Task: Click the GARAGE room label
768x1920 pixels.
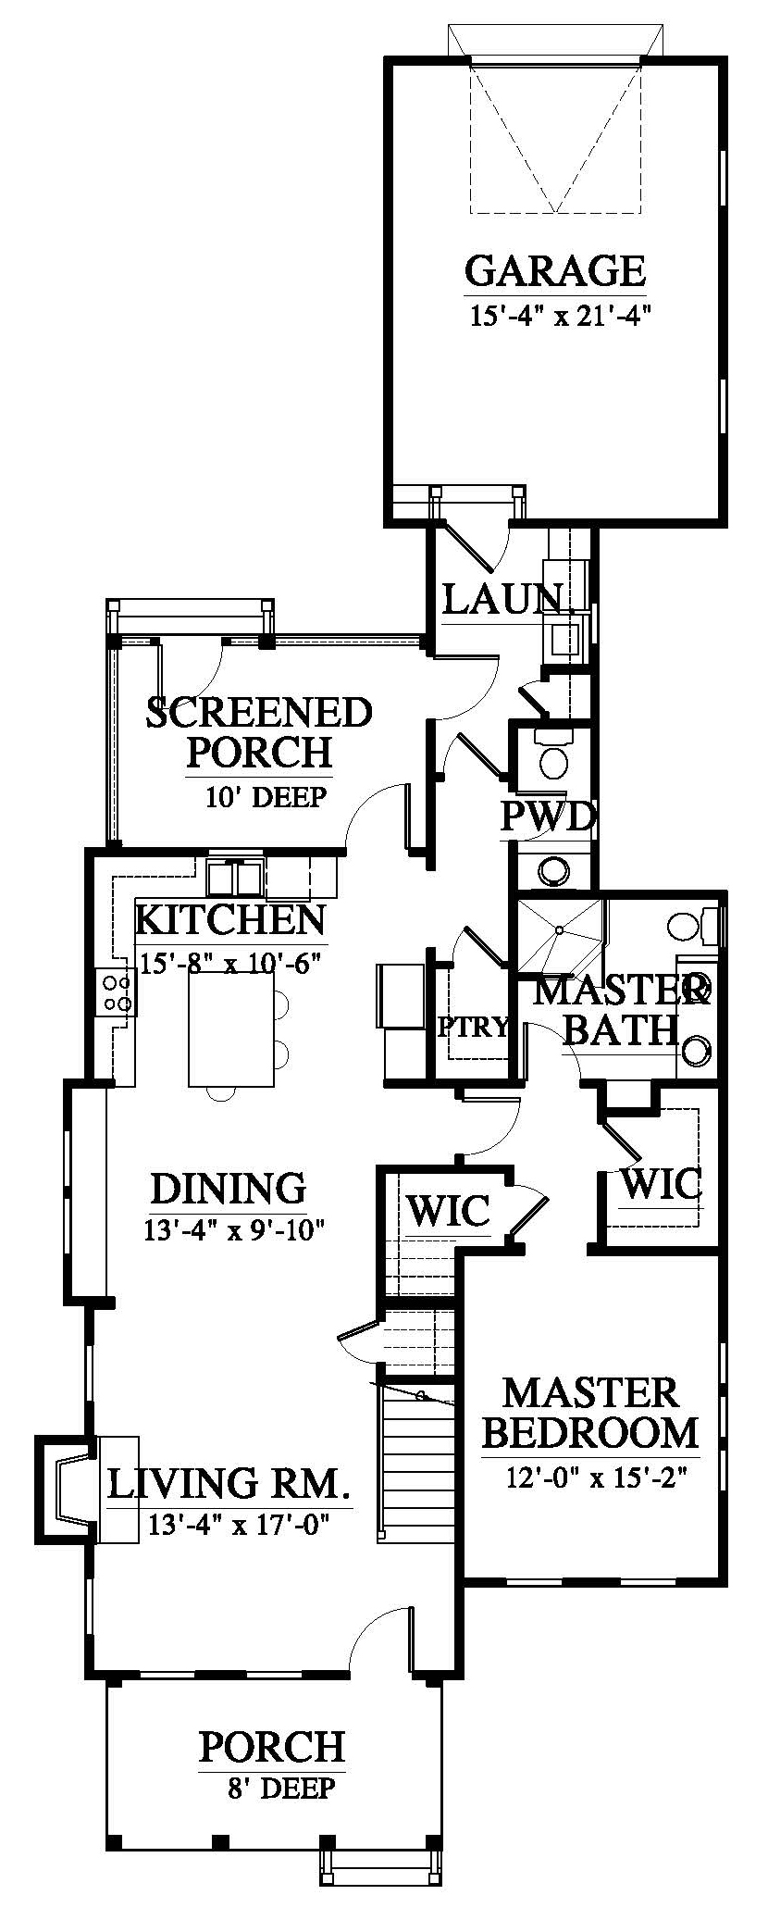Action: (554, 272)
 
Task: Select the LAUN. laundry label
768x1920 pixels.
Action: (504, 600)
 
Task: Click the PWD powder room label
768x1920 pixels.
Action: (547, 817)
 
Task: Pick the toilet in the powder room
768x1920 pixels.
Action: (553, 754)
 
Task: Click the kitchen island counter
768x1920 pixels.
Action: (231, 1029)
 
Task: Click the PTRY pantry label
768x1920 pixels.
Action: (474, 1026)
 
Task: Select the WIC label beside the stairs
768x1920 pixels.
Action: (448, 1209)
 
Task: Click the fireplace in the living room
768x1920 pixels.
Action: (67, 1490)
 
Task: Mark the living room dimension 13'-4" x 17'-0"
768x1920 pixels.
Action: (238, 1525)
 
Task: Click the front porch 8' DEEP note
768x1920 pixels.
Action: (280, 1788)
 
